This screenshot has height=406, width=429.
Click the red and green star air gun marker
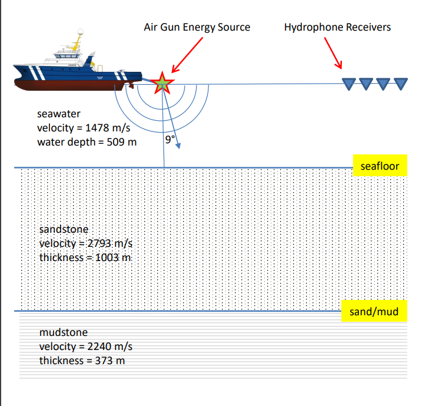(161, 84)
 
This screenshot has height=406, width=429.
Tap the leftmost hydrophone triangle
(349, 84)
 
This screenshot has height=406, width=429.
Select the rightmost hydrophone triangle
(401, 84)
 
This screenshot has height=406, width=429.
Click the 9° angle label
(170, 140)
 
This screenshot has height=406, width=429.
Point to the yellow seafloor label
(380, 166)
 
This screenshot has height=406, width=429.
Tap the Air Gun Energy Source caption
(197, 27)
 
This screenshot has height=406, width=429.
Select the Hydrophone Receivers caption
(337, 27)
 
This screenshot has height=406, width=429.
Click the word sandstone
(64, 229)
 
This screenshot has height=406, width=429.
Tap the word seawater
(59, 114)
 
